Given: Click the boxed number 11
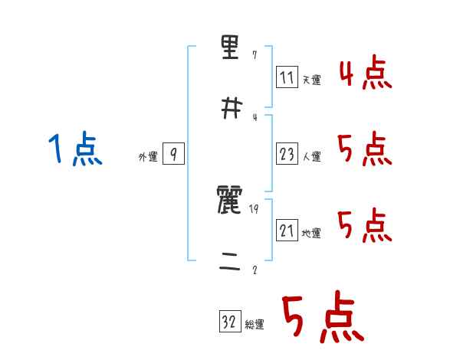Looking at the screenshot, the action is tap(287, 77).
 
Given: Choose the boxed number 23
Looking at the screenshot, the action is tap(287, 154).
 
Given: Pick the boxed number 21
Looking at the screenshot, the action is tap(287, 230).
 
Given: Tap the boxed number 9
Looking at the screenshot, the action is tap(173, 155).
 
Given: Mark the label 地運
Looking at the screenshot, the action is tap(312, 233).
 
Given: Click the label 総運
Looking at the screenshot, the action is tap(255, 325).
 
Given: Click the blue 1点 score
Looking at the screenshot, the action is tap(75, 149).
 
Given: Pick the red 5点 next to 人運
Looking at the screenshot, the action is tap(365, 149).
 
